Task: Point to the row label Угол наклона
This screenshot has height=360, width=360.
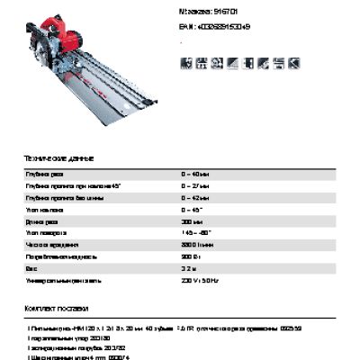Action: [46, 208]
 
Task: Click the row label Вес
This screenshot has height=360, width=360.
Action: [32, 268]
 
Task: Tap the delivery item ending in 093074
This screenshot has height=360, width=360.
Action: [81, 355]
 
